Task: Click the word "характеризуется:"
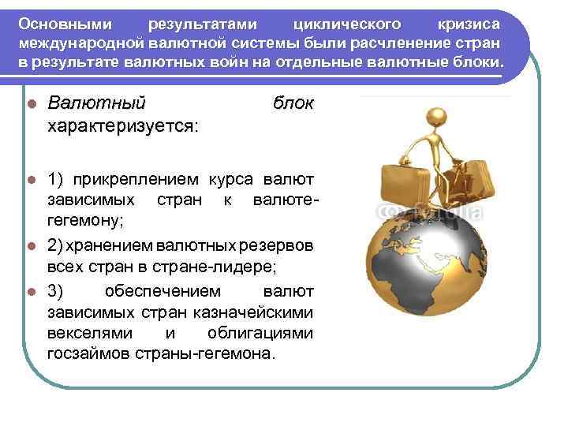pyautogui.click(x=123, y=125)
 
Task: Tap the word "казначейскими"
pyautogui.click(x=252, y=312)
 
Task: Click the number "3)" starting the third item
pyautogui.click(x=56, y=291)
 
